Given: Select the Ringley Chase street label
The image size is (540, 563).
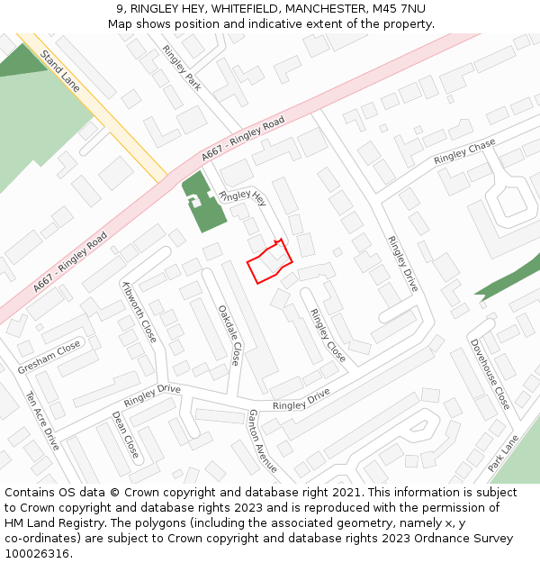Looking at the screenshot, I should [464, 152].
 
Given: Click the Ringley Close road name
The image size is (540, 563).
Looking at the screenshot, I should [328, 335].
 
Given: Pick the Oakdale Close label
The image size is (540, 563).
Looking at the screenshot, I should [229, 334].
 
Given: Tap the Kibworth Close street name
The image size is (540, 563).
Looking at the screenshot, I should [139, 311].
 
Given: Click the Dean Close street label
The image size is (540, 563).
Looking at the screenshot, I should [125, 434].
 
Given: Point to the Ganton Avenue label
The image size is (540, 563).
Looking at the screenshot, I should [262, 441].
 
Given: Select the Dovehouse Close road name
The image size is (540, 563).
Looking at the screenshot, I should [490, 374].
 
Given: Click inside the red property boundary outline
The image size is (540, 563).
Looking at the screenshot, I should [268, 263].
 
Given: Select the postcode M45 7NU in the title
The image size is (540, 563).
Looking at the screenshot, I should [397, 9].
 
